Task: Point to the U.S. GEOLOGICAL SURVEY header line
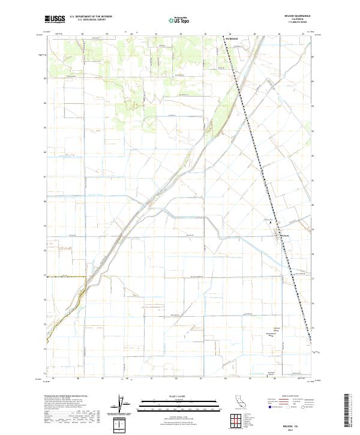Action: [90, 20]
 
